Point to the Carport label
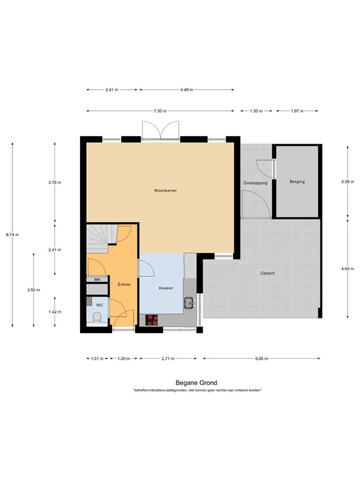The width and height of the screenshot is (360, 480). pyautogui.click(x=267, y=273)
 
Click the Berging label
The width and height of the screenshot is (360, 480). pyautogui.click(x=297, y=182)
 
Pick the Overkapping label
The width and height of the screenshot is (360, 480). pyautogui.click(x=256, y=182)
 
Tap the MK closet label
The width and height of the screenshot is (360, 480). pyautogui.click(x=97, y=279)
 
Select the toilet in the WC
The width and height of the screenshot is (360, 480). pyautogui.click(x=95, y=318)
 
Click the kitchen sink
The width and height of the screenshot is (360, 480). pyautogui.click(x=188, y=304)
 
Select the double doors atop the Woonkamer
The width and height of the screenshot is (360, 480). pyautogui.click(x=161, y=130)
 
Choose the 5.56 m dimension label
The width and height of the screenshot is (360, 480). pyautogui.click(x=261, y=359)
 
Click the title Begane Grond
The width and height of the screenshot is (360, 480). pyautogui.click(x=196, y=382)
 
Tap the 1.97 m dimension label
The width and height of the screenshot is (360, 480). pyautogui.click(x=296, y=111)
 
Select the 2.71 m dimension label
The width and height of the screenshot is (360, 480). pyautogui.click(x=167, y=359)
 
